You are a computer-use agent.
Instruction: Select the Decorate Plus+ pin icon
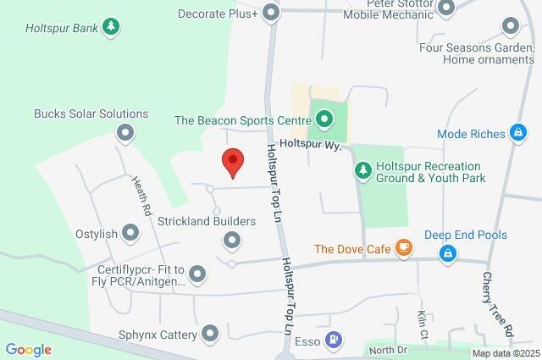[271, 13]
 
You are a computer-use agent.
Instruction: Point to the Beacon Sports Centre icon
[321, 119]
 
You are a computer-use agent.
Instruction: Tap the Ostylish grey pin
[130, 232]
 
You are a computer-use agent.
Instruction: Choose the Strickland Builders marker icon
[231, 241]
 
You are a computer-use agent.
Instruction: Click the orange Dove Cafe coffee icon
[404, 248]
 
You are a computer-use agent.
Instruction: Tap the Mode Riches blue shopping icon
[517, 133]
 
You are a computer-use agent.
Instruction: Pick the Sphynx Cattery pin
[211, 334]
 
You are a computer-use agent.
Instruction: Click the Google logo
[28, 350]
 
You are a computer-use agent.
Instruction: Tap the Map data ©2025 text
[506, 353]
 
